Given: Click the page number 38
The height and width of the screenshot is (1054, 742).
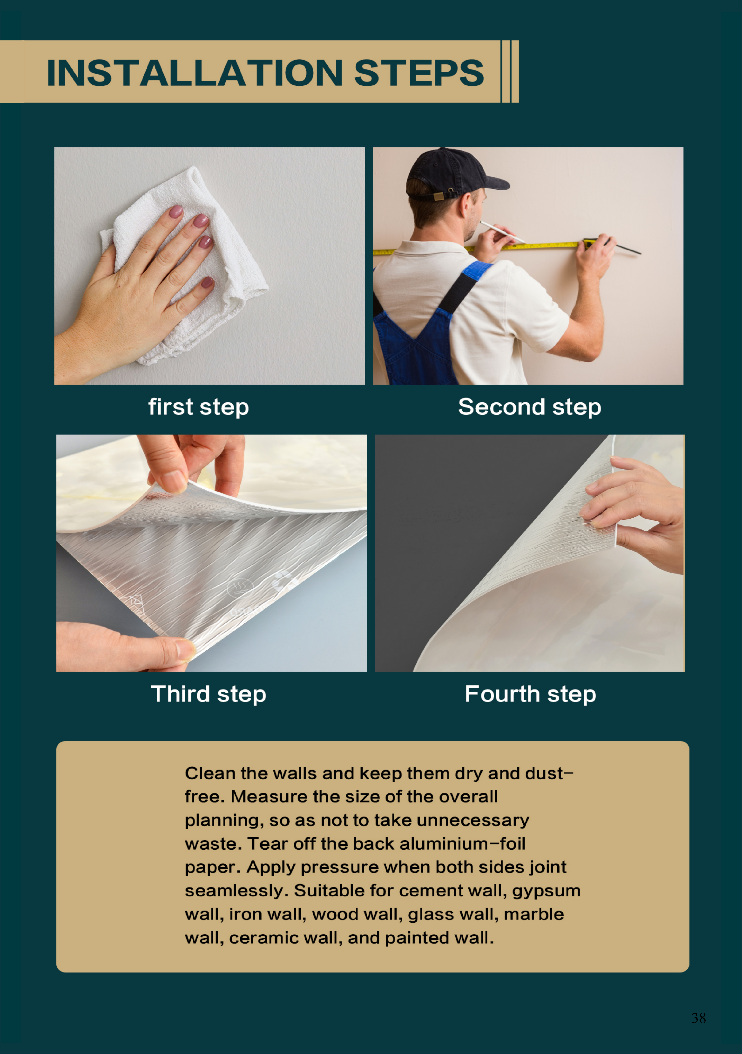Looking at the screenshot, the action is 698,1018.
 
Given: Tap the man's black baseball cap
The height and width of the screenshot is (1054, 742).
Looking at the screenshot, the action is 452,174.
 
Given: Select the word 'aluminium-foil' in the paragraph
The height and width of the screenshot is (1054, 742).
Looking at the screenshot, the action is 462,844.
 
